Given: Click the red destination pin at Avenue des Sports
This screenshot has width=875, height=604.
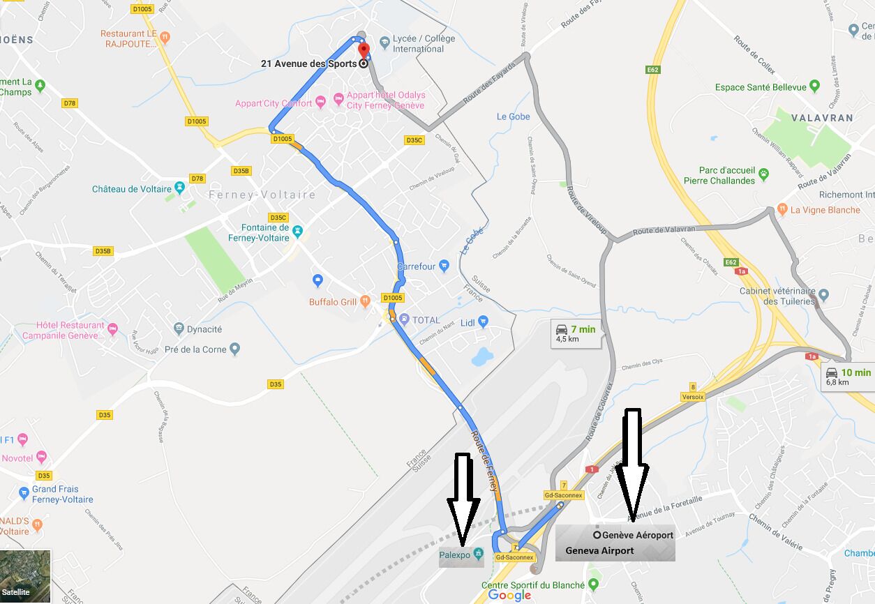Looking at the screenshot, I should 363,51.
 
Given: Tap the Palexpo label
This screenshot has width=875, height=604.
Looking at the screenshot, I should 454,555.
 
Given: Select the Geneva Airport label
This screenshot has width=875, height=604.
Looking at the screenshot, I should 599,550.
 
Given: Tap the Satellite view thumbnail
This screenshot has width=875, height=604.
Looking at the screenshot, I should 25,576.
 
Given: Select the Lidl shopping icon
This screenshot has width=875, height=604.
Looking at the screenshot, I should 484,322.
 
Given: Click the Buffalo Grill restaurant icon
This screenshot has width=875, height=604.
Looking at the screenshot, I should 365,301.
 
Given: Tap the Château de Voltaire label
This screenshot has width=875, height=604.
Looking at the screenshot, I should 131,189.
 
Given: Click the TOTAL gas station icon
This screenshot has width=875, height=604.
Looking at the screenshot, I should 403,319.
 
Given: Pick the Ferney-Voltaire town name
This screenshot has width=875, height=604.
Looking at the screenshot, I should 262,195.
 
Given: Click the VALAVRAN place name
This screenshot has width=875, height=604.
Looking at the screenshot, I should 822,118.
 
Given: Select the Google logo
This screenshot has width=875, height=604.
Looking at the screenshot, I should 509,595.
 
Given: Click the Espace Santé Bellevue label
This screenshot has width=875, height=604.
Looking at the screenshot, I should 759,87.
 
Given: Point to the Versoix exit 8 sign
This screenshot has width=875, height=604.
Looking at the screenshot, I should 693,392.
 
